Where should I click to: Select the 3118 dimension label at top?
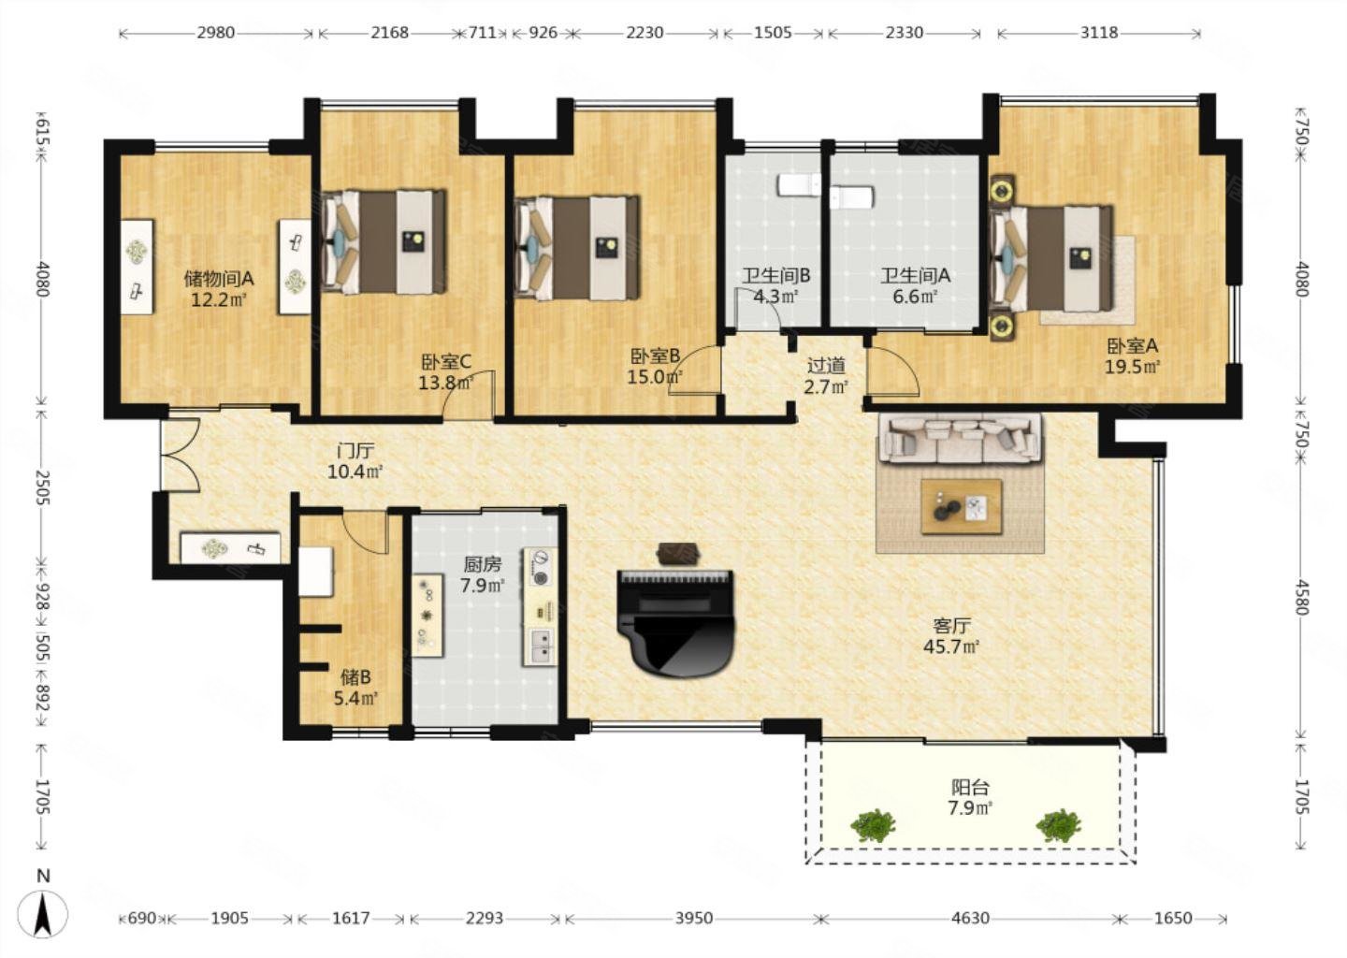click(1098, 33)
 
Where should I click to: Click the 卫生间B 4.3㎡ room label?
click(775, 285)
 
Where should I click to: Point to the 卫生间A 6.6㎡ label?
click(915, 285)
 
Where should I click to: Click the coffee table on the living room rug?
click(962, 506)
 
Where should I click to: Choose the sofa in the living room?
click(961, 438)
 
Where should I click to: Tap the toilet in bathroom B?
click(799, 184)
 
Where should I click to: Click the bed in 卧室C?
click(384, 241)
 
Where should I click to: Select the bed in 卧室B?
click(577, 247)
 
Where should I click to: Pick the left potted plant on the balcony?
click(873, 825)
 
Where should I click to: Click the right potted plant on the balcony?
click(1058, 825)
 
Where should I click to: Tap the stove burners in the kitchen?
click(540, 567)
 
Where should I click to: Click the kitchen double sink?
click(542, 644)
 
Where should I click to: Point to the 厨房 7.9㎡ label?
click(483, 574)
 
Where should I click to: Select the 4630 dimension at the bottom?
click(971, 919)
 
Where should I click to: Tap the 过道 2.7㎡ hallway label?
click(826, 375)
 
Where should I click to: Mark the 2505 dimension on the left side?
click(42, 488)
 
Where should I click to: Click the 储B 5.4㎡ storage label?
click(356, 687)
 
